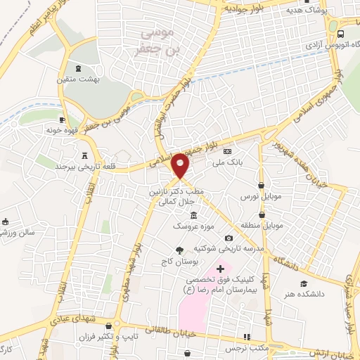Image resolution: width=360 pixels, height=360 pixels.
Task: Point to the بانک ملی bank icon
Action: pyautogui.click(x=227, y=151)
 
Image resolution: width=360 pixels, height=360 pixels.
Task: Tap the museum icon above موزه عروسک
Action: pyautogui.click(x=193, y=214)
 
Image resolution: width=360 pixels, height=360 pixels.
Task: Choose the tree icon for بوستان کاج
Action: pyautogui.click(x=179, y=250)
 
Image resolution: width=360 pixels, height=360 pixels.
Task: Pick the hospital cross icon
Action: pyautogui.click(x=220, y=268)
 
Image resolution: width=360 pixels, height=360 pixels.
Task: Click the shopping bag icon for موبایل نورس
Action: pyautogui.click(x=261, y=185)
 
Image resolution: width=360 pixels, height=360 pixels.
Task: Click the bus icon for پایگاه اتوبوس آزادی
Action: pyautogui.click(x=340, y=34)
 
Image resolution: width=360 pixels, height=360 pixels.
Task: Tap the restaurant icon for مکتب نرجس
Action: pyautogui.click(x=246, y=337)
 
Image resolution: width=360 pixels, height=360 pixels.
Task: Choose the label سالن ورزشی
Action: pyautogui.click(x=22, y=231)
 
